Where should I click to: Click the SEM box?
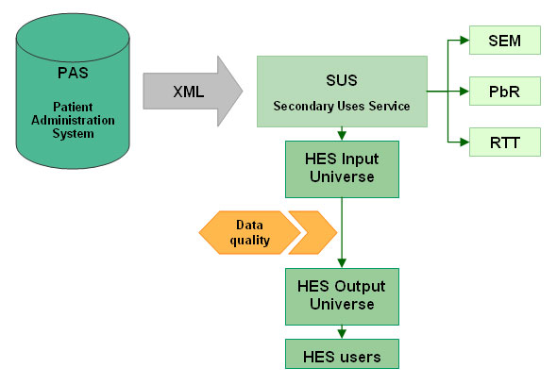505,41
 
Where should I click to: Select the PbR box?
505,92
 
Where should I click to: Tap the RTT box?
505,142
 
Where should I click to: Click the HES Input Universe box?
342,170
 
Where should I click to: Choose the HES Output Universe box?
342,296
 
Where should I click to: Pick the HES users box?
342,354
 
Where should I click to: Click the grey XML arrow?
193,92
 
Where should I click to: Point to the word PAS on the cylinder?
73,73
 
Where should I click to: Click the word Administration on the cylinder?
73,120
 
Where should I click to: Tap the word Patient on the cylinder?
73,107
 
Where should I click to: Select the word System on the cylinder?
74,134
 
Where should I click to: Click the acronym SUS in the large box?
342,80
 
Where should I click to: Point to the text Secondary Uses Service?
342,107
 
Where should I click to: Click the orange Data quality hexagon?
250,233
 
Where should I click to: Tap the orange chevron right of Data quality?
312,233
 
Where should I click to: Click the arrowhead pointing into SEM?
464,41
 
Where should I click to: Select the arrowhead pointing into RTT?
464,142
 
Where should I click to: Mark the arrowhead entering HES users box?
342,334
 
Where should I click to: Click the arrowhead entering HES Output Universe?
342,263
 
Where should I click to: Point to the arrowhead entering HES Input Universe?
342,136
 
